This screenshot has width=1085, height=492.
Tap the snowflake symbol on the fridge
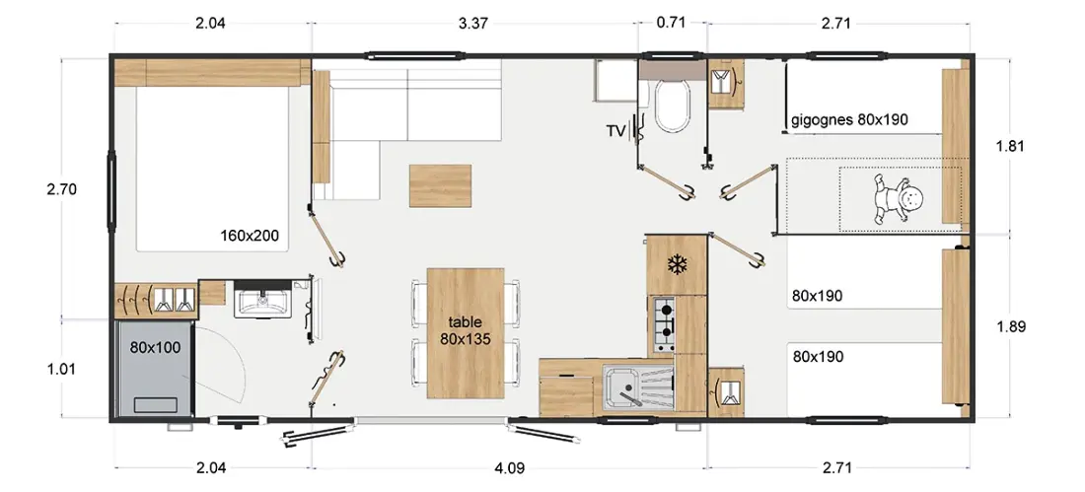click(x=675, y=263)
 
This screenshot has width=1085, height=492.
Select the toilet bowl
click(x=673, y=105)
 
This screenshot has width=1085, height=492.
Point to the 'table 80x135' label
click(x=465, y=330)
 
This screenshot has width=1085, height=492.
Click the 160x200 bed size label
click(x=250, y=236)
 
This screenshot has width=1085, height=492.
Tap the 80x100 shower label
click(x=155, y=347)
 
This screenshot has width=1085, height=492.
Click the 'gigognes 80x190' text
click(x=849, y=119)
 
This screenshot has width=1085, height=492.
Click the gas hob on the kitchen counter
click(x=663, y=323)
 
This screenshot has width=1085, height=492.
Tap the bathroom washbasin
click(x=262, y=301)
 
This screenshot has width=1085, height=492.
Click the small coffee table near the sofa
click(x=440, y=185)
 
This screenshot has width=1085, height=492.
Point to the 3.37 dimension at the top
click(x=473, y=24)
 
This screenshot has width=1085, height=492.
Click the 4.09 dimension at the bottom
click(x=510, y=468)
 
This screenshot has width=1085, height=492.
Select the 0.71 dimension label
click(x=671, y=23)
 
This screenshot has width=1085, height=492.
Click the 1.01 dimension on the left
click(x=61, y=369)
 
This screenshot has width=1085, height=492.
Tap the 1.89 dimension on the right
click(x=1011, y=326)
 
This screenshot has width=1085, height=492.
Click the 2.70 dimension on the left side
click(x=61, y=189)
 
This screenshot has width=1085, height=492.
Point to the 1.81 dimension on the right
click(x=1010, y=146)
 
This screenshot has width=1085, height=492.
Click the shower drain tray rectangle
click(x=155, y=405)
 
